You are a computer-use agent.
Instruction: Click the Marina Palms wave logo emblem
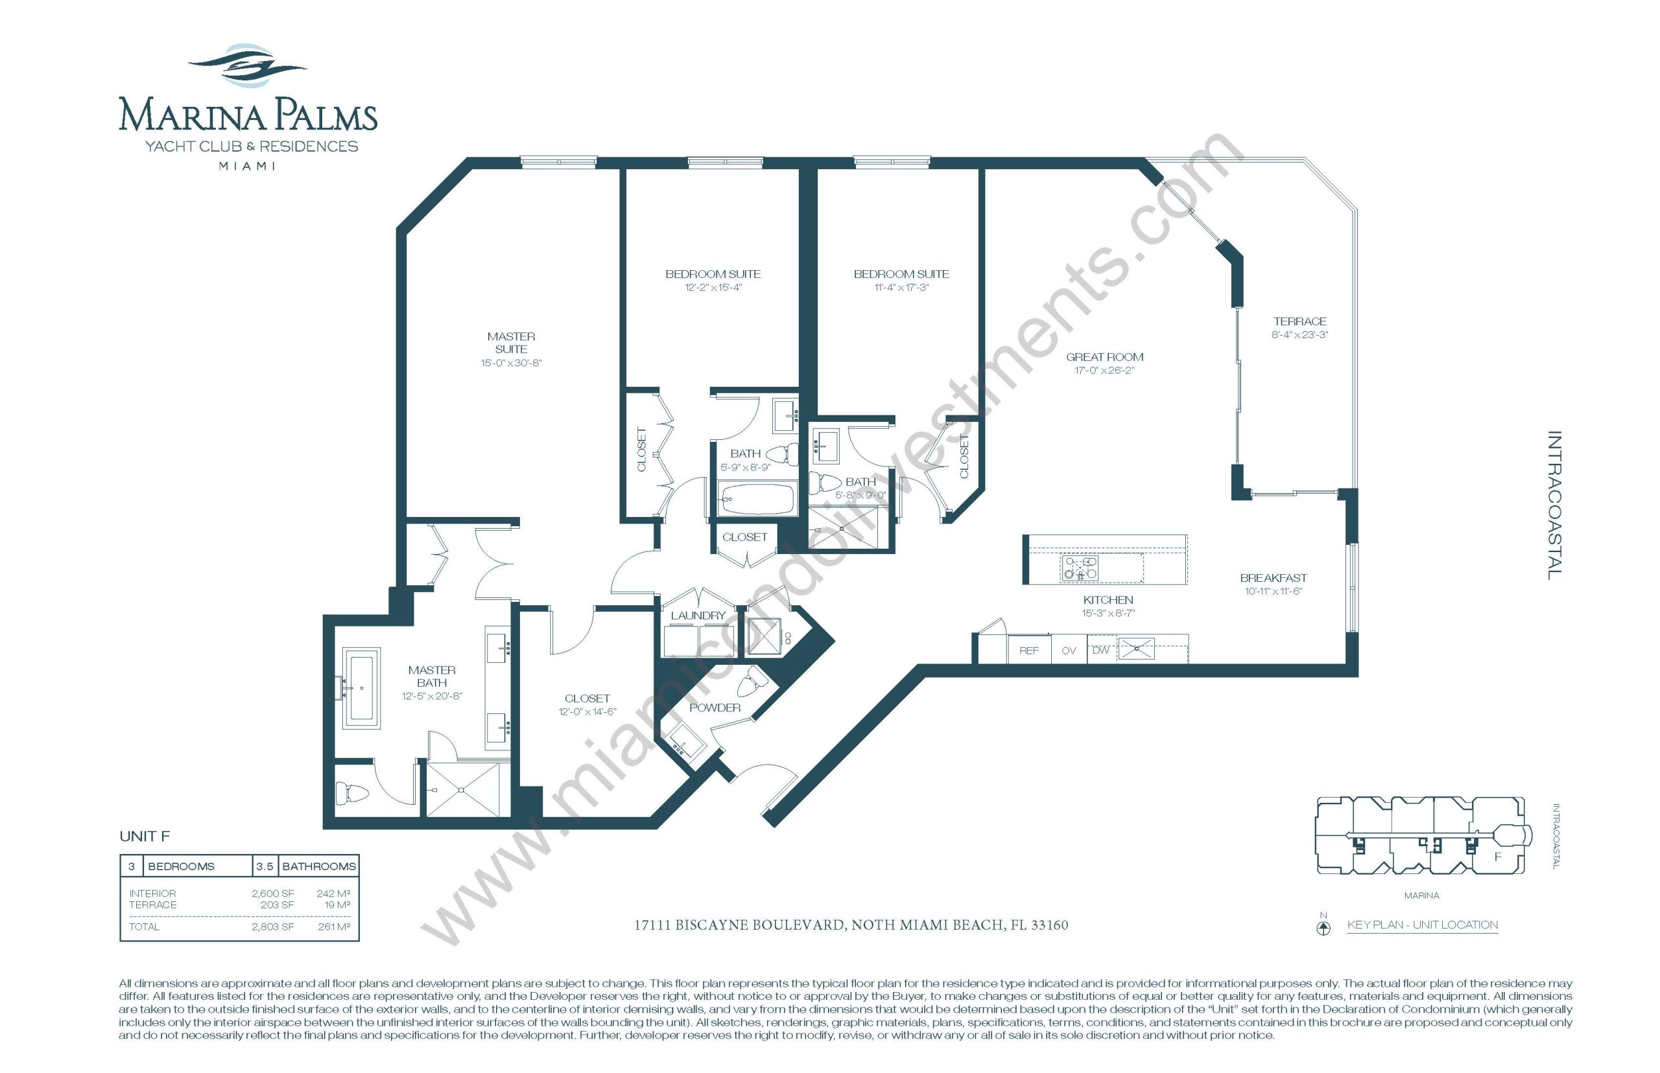click(248, 66)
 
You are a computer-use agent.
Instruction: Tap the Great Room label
click(1104, 357)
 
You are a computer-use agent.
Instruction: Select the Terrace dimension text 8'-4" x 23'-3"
click(1299, 334)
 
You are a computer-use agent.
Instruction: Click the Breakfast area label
click(1273, 577)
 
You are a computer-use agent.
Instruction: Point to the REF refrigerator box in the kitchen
click(1029, 649)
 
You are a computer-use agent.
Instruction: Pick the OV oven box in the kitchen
click(1069, 649)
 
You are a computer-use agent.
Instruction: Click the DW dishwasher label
click(1100, 649)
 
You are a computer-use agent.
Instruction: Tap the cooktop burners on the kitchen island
click(1079, 568)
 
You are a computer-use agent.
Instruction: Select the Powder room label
click(715, 707)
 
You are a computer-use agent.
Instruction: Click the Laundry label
click(698, 616)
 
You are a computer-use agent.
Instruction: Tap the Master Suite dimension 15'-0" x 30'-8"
click(511, 362)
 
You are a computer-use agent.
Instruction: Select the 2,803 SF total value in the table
click(272, 927)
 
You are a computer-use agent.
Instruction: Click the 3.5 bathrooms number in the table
click(264, 866)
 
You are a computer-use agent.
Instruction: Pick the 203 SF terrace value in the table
click(277, 905)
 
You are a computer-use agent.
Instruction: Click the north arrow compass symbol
click(1323, 927)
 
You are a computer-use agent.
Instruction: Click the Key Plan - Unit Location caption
click(1422, 925)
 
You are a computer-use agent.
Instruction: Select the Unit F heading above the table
click(145, 836)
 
